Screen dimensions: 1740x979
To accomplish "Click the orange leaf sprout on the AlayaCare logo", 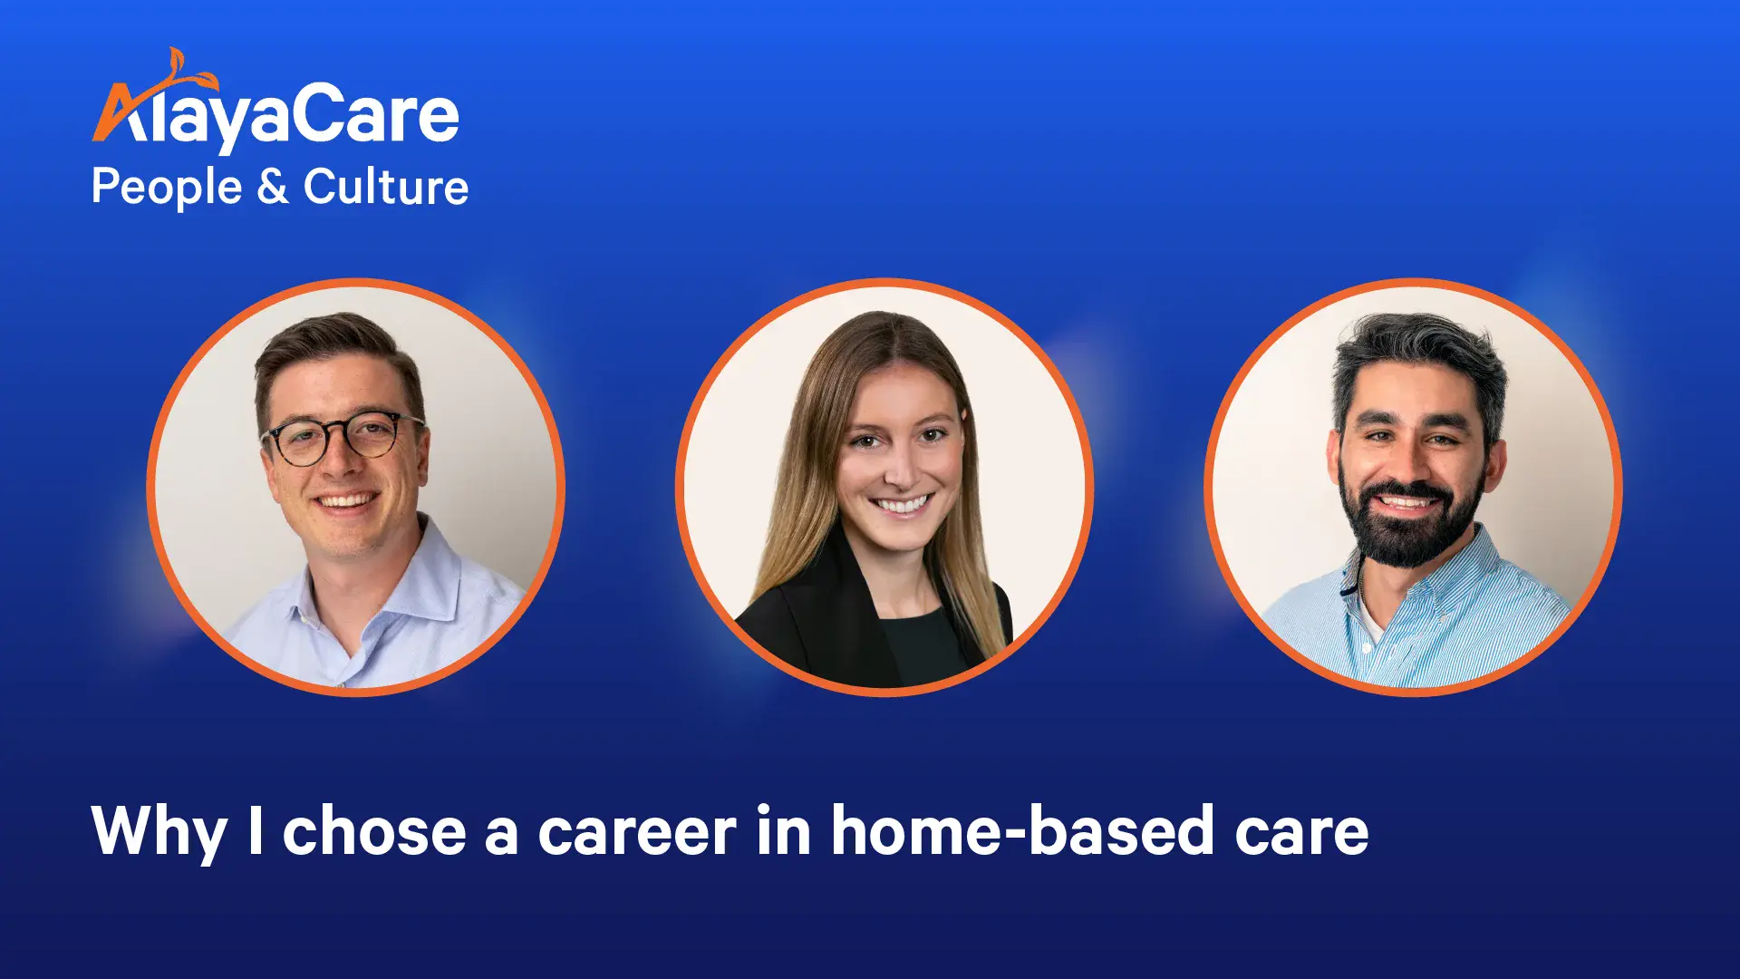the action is pos(186,71).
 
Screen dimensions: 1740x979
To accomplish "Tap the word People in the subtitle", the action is pos(167,189).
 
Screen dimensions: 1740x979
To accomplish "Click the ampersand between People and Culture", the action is pos(272,187).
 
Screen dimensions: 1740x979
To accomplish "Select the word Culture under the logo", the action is pos(385,187).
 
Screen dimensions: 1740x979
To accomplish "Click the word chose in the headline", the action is pos(374,830).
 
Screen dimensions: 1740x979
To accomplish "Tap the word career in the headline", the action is pos(637,833).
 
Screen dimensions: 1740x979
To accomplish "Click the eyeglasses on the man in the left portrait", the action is pos(343,438).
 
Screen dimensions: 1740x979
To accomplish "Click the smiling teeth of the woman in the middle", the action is pos(902,504).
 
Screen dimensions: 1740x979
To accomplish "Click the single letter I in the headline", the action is pos(256,830).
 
